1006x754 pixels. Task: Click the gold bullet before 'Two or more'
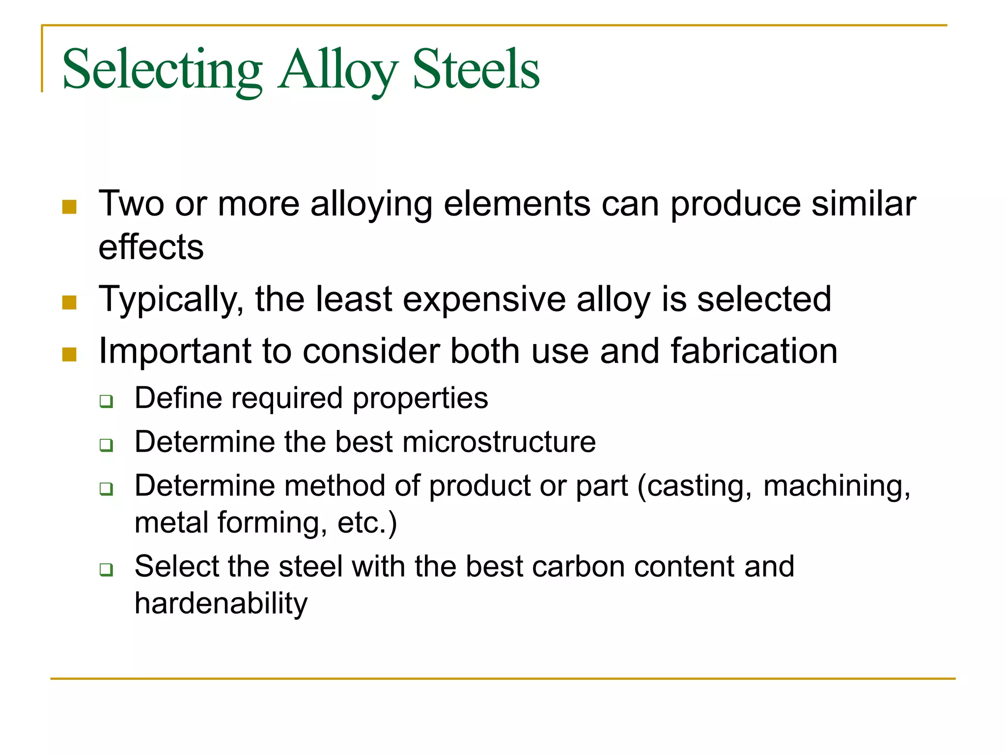[69, 207]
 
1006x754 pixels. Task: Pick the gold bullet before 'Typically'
[69, 302]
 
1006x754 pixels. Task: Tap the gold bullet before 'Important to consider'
[69, 354]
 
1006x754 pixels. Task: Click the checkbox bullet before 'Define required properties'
[106, 401]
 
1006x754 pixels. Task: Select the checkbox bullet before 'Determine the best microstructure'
[106, 445]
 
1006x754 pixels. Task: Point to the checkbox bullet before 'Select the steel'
[106, 569]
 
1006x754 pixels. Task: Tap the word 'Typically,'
[171, 299]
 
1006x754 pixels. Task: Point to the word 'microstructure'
[499, 441]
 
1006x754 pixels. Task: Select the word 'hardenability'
[221, 603]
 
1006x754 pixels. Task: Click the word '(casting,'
[695, 486]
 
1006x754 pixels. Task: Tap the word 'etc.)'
[367, 522]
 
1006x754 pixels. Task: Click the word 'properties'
[420, 398]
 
